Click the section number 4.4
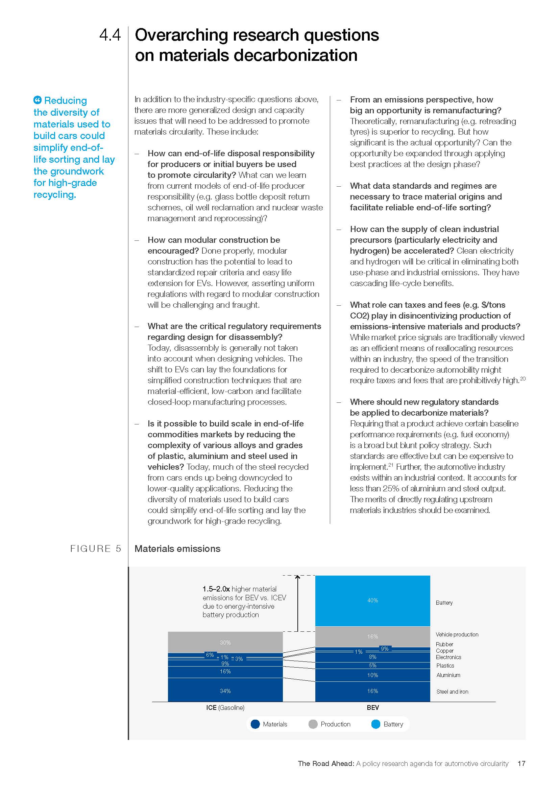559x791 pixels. [x=110, y=35]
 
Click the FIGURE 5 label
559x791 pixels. [x=96, y=549]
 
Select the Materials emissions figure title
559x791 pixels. [x=177, y=549]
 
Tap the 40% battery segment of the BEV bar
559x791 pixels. [x=372, y=601]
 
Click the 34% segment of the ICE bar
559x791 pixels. [x=225, y=691]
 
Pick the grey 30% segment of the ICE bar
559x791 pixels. [x=225, y=642]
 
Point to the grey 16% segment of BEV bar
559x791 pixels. [x=372, y=636]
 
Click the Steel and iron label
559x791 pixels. [x=452, y=692]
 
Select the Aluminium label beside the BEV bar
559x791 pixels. [x=448, y=675]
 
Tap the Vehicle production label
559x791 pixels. [x=457, y=634]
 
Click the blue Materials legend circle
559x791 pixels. [x=255, y=724]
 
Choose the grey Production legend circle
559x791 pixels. [x=313, y=724]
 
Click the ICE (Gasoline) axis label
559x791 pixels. [x=225, y=707]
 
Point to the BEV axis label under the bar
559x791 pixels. [x=372, y=707]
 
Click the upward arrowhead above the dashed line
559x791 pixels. [x=298, y=577]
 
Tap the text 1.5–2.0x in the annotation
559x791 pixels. [x=216, y=589]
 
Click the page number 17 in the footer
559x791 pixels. [x=521, y=764]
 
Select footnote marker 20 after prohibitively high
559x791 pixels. [x=522, y=379]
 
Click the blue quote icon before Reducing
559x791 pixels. [x=38, y=100]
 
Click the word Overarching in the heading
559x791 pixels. [x=183, y=35]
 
